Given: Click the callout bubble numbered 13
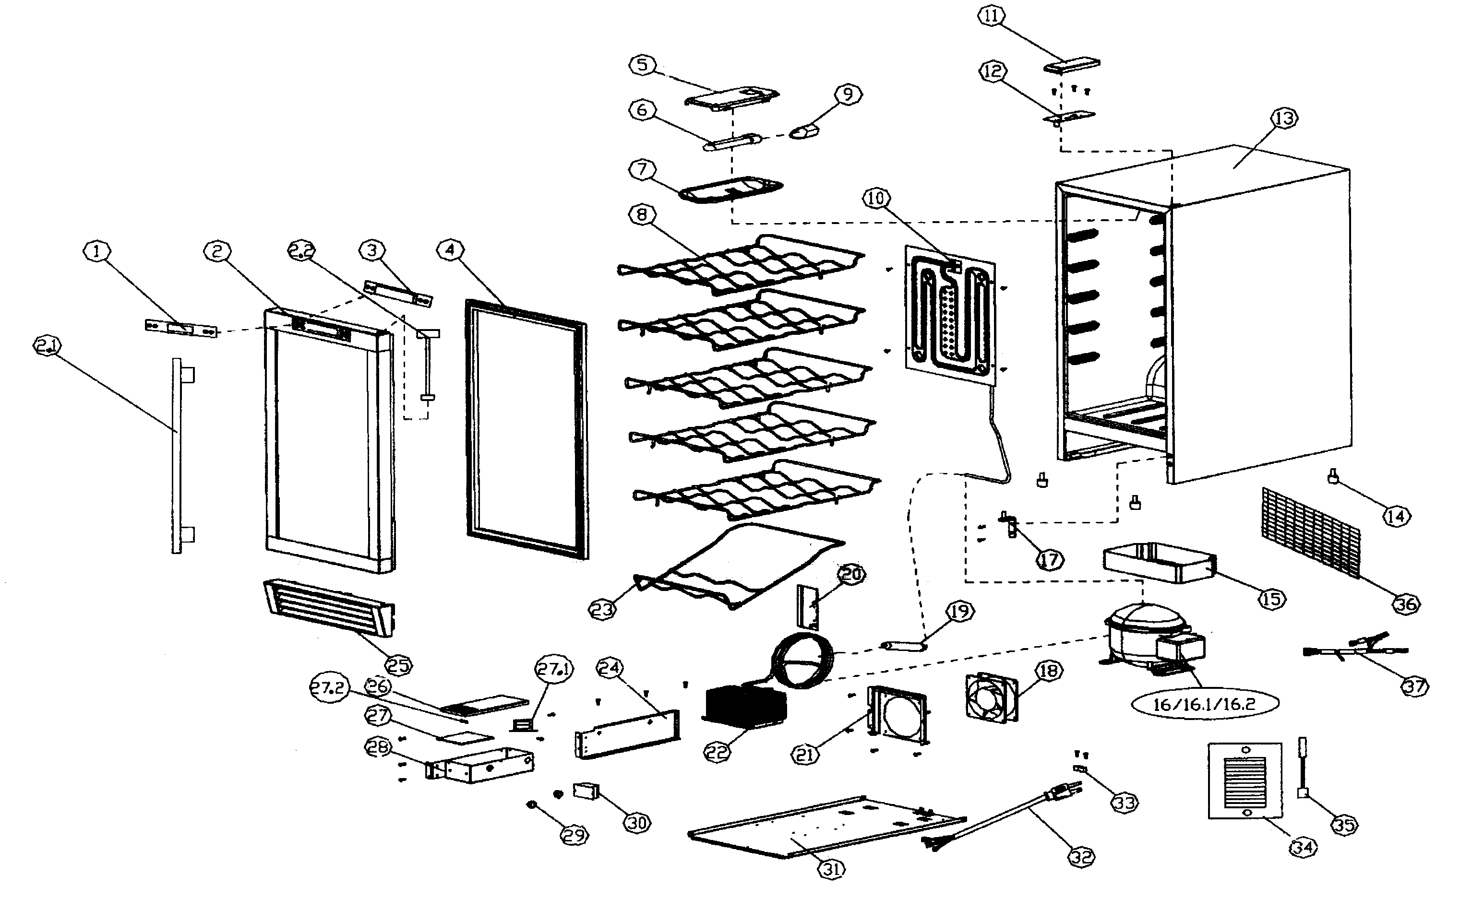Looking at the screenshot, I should (1284, 118).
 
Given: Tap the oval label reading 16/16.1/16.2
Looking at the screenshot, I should (1205, 704).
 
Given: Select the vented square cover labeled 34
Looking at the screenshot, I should (1245, 780).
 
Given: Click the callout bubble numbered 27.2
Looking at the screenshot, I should (329, 688).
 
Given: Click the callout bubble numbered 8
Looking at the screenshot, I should (642, 214).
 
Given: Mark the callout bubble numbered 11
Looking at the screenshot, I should (991, 16).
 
